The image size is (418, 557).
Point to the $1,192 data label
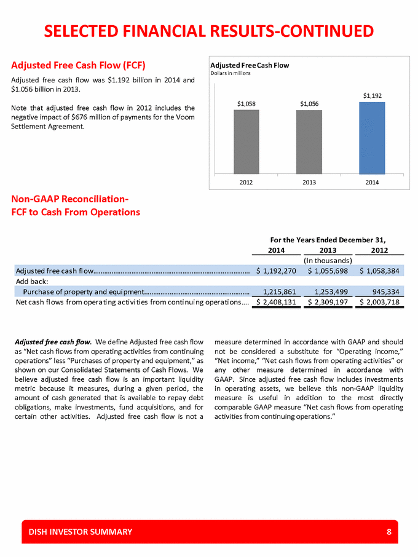tap(372, 95)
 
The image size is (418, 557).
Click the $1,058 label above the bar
tap(246, 104)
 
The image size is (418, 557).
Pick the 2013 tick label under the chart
tap(309, 182)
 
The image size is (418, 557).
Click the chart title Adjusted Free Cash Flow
tap(250, 65)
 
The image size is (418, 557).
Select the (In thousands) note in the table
tap(328, 260)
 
